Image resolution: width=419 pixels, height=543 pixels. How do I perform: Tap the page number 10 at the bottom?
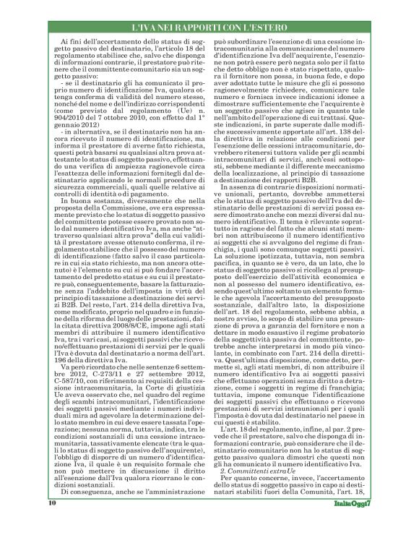[51, 521]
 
